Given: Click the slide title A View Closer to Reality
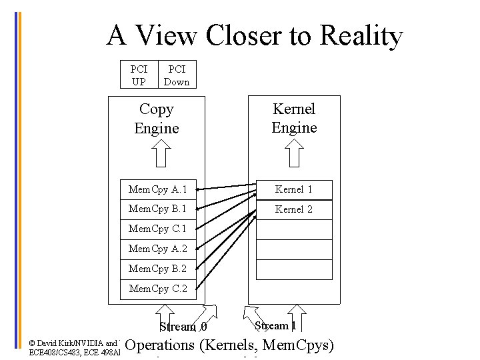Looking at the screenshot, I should click(x=254, y=35).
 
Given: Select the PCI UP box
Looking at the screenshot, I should click(x=139, y=75).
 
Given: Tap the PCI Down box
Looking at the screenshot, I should click(x=177, y=75).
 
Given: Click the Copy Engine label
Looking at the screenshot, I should click(x=157, y=119).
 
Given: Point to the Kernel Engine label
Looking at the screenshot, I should click(x=294, y=118).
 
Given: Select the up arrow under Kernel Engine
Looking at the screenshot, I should click(x=294, y=155).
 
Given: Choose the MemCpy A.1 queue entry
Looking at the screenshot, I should click(x=158, y=189).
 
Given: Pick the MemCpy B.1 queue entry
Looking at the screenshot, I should click(x=158, y=209).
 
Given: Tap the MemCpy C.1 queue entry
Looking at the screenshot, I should click(x=158, y=229).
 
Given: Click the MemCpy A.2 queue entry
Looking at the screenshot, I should click(x=158, y=249).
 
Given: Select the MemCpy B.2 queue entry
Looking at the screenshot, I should click(x=158, y=269).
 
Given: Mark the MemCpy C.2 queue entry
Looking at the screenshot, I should click(x=158, y=289).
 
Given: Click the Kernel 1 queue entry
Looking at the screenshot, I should click(x=294, y=189).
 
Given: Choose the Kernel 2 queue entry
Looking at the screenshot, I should click(x=294, y=209).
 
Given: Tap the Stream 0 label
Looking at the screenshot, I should click(x=183, y=327).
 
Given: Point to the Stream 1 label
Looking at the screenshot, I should click(x=276, y=326).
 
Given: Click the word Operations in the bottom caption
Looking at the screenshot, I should click(x=159, y=345).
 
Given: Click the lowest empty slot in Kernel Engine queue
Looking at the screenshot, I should click(x=294, y=269).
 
